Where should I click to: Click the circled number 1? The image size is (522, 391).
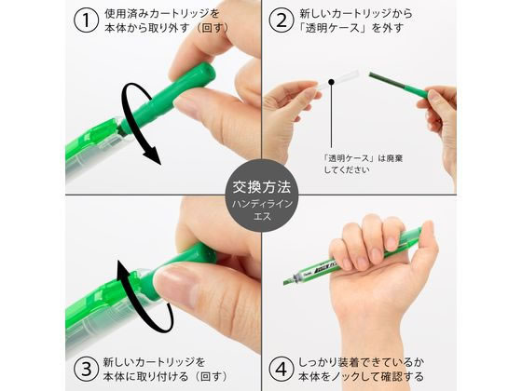coord(86,20)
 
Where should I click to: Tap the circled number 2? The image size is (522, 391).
coord(282,20)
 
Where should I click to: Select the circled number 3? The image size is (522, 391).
coord(86,369)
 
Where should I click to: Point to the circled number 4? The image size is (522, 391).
coord(282,369)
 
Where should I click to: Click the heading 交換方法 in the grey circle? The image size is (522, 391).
coord(262,187)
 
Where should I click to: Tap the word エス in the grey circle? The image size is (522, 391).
coord(262,216)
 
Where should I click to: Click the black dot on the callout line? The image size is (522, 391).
coord(331,82)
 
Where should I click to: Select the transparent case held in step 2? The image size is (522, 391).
coord(337,80)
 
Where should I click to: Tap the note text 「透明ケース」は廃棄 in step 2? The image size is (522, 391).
coord(364,158)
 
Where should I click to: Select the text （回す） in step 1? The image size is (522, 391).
coord(213,28)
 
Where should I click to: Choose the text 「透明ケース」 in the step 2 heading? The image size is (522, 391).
coord(334,28)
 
